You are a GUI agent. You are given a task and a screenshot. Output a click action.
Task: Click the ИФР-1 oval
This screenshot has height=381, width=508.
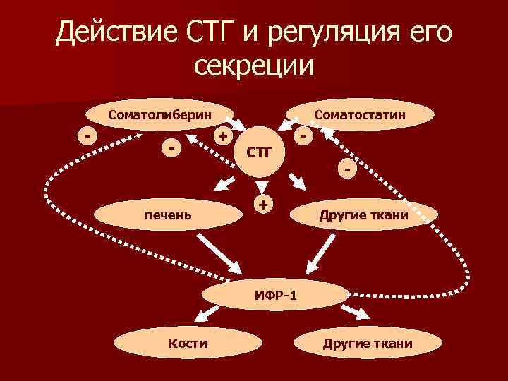pyautogui.click(x=275, y=294)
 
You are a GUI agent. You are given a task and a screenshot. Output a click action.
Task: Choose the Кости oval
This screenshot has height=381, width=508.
pyautogui.click(x=188, y=344)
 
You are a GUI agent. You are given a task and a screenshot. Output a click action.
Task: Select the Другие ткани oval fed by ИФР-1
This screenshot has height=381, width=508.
pyautogui.click(x=367, y=344)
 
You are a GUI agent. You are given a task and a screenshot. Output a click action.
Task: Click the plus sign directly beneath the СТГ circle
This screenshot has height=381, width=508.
pyautogui.click(x=263, y=205)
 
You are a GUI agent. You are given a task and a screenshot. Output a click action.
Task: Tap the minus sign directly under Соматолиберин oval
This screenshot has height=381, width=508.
pyautogui.click(x=171, y=147)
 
